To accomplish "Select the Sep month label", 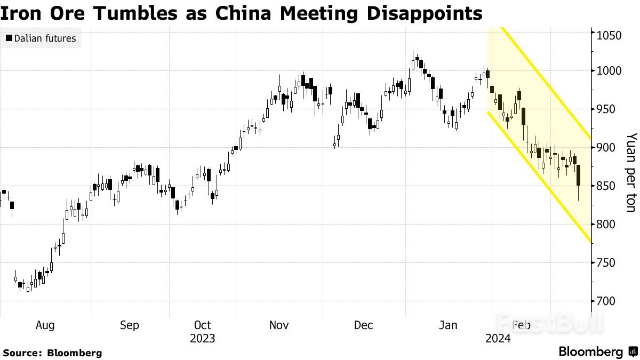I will pos(129,325).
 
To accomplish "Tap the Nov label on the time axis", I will pos(279,325).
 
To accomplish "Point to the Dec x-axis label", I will pos(364,325).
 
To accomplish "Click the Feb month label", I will pos(521,325).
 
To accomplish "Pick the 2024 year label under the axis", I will pos(497,339).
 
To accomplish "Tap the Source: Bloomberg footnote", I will pos(52,353).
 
